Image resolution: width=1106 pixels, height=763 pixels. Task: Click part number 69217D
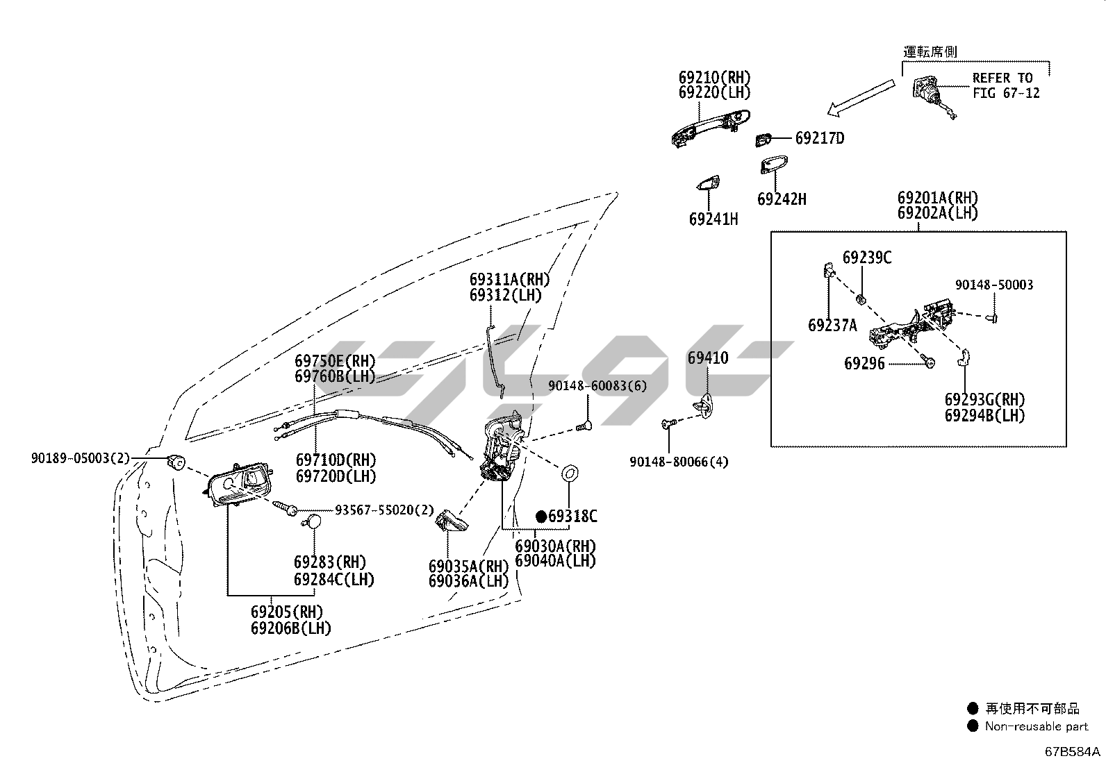pyautogui.click(x=820, y=138)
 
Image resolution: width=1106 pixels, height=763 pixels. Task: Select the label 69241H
pyautogui.click(x=713, y=219)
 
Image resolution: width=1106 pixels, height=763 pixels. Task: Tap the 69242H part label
pyautogui.click(x=782, y=200)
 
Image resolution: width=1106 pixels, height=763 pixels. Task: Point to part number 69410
pyautogui.click(x=708, y=358)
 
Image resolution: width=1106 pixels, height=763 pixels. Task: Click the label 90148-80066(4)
pyautogui.click(x=679, y=462)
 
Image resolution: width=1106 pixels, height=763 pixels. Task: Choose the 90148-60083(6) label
pyautogui.click(x=597, y=386)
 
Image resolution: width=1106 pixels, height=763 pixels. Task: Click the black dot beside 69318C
pyautogui.click(x=541, y=517)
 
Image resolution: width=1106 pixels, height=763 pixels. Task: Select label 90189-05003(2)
pyautogui.click(x=80, y=458)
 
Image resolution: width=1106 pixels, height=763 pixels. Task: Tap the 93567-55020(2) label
pyautogui.click(x=384, y=510)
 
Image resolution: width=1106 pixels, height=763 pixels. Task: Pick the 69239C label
pyautogui.click(x=867, y=258)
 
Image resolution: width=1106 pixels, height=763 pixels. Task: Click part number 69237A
pyautogui.click(x=832, y=325)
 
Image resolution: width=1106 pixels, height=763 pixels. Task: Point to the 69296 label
pyautogui.click(x=864, y=364)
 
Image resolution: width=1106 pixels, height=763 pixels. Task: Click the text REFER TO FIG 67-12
pyautogui.click(x=1006, y=85)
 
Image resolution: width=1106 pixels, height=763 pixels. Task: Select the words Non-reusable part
pyautogui.click(x=1037, y=726)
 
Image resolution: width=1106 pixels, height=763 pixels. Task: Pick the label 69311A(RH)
pyautogui.click(x=509, y=279)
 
